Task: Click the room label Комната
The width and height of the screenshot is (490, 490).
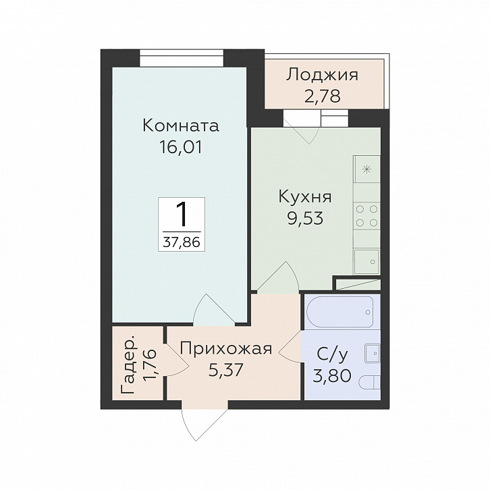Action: click(182, 126)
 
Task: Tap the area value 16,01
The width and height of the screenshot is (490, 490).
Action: click(182, 147)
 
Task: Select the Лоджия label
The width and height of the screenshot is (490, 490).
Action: click(322, 74)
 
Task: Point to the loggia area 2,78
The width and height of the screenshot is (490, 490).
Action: click(322, 95)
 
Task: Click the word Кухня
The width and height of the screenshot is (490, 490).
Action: click(305, 197)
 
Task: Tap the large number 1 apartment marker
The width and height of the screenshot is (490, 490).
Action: click(181, 215)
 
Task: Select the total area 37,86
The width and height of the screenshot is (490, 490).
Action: click(181, 241)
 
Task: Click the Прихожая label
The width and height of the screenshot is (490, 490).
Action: click(225, 348)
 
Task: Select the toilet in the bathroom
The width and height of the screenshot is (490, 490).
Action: click(369, 383)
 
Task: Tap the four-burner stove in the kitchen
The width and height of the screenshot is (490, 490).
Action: click(367, 215)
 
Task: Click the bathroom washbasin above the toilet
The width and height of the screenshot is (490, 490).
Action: click(371, 352)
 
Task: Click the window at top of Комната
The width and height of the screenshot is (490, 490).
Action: click(182, 59)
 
